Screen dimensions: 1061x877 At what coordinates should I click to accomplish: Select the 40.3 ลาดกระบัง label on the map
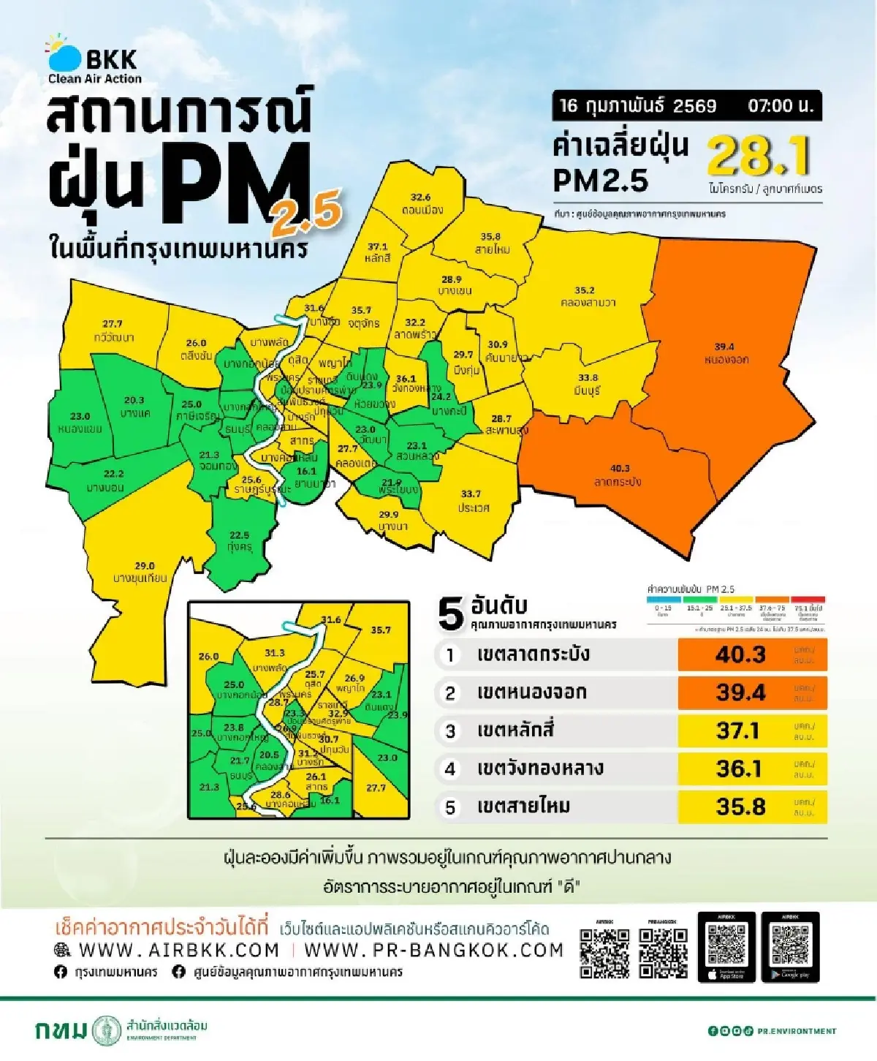point(618,475)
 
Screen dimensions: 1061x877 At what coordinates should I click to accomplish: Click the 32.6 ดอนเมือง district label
point(422,204)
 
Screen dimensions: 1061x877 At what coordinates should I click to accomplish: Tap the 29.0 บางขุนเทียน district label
point(140,572)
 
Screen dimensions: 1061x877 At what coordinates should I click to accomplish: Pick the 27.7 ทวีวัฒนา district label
point(113,331)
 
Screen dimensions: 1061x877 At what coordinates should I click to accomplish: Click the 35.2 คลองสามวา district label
point(585,296)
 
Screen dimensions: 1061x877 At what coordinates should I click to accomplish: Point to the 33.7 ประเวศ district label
point(472,501)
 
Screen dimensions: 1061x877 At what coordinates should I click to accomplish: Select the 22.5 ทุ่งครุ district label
point(240,541)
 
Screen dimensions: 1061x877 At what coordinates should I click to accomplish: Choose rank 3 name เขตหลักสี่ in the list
point(525,730)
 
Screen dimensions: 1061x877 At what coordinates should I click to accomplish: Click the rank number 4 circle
point(450,769)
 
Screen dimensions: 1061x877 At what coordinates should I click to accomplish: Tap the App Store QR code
point(726,945)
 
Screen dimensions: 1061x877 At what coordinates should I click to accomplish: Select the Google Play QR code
point(790,945)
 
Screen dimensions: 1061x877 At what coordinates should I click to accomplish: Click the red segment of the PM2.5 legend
point(808,599)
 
